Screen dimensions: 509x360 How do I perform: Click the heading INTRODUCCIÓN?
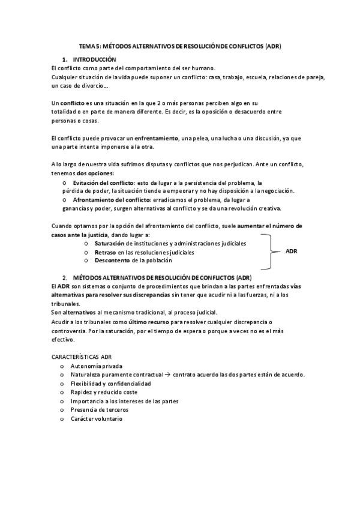click(94, 60)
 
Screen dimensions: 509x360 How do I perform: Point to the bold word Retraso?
click(105, 252)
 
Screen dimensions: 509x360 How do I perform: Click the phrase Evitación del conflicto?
click(103, 182)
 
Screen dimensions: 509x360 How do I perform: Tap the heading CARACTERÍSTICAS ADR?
click(82, 357)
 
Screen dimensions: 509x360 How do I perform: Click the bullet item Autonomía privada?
click(97, 366)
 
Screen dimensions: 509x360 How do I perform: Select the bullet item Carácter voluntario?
click(96, 418)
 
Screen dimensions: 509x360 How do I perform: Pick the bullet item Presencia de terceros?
click(99, 409)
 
